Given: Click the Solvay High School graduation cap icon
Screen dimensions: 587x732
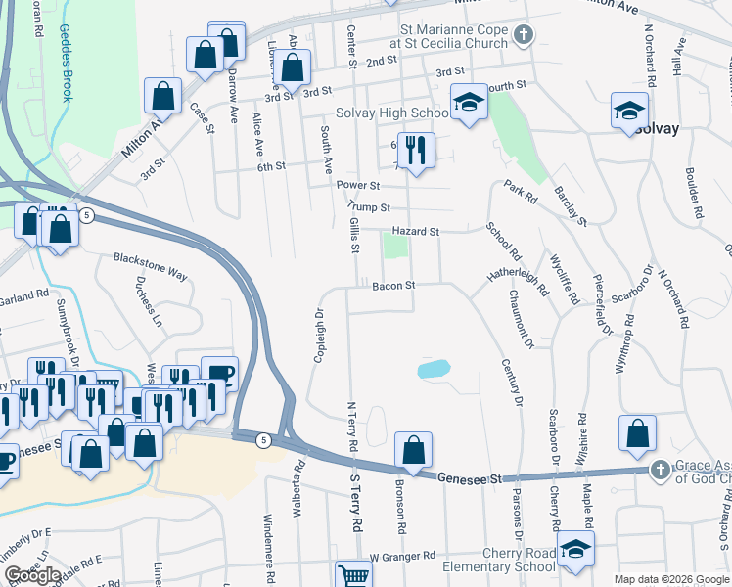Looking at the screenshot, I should click(469, 102).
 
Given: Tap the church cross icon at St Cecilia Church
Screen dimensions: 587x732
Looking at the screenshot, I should click(524, 36).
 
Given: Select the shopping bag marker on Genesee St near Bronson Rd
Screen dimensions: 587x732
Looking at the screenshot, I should click(414, 451).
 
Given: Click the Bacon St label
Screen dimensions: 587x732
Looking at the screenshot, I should click(394, 286).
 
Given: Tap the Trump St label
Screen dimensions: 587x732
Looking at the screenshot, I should click(371, 207).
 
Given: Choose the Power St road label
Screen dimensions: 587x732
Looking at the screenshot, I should click(357, 185).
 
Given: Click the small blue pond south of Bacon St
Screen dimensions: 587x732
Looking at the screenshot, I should click(434, 369).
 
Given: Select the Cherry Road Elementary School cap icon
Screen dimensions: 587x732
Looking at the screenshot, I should click(575, 549).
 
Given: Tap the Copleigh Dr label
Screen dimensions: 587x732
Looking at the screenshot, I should click(318, 336).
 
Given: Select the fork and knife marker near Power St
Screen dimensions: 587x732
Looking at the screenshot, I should click(416, 150).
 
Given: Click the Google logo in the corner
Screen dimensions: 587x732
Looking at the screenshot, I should click(32, 574).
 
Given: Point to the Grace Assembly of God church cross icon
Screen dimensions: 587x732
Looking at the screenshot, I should click(661, 471).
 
